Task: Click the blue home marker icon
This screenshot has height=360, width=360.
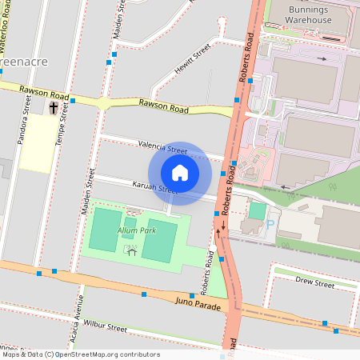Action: click(x=180, y=173)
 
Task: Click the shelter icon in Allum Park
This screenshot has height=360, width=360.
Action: click(x=131, y=251)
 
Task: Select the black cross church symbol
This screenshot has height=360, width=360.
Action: click(x=54, y=107)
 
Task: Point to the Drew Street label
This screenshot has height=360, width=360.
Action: click(x=314, y=282)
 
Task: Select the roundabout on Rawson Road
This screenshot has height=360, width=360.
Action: click(x=103, y=102)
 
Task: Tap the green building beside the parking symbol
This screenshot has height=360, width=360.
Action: click(x=258, y=210)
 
